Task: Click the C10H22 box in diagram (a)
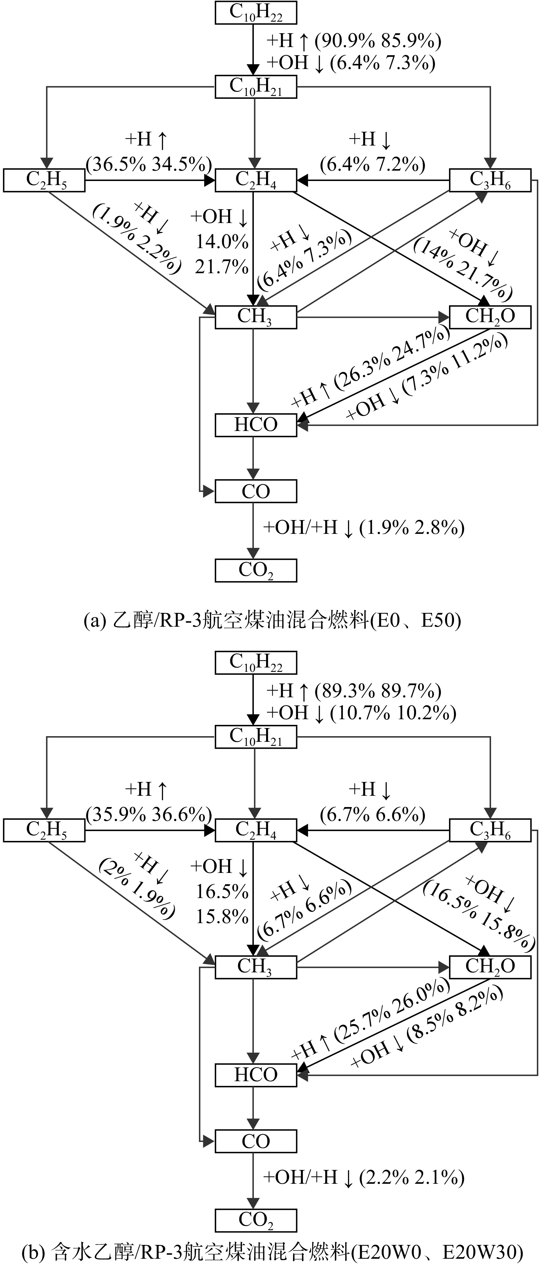(256, 12)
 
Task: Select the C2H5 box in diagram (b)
(44, 830)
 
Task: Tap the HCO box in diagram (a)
(256, 425)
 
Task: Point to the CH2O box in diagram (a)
(490, 317)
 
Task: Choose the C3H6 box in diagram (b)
(490, 830)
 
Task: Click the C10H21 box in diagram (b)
(256, 736)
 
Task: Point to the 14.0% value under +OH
(222, 241)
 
